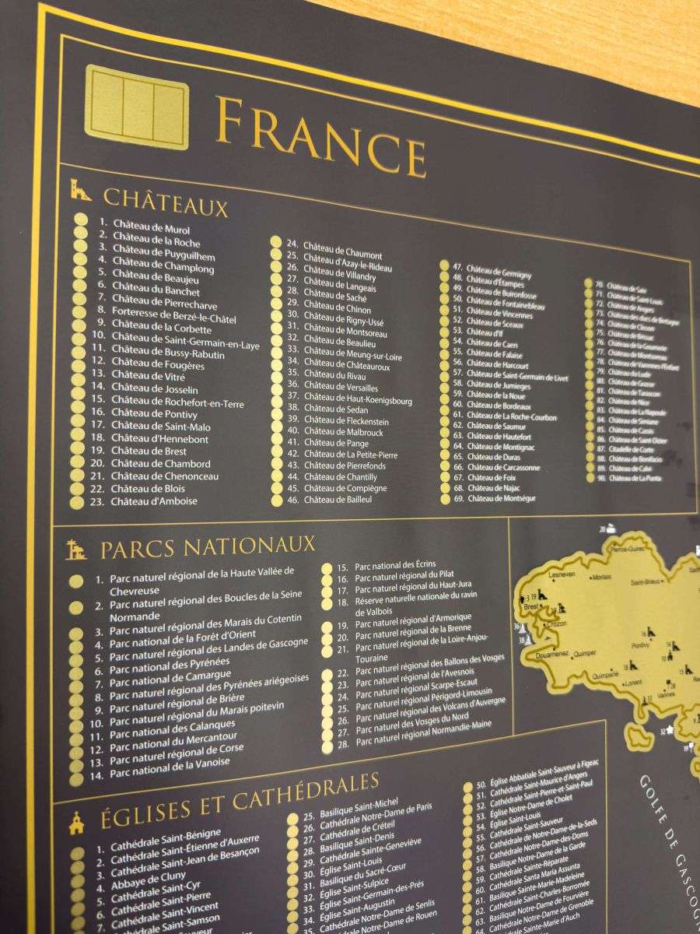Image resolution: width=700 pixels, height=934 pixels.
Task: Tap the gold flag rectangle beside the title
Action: (x=137, y=107)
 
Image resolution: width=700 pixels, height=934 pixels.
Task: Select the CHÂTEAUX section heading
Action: (x=165, y=199)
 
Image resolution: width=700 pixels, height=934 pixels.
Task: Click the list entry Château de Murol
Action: (x=151, y=230)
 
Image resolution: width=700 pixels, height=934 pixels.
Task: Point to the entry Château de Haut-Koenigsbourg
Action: (x=358, y=401)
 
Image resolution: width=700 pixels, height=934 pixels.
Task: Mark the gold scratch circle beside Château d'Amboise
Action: (x=77, y=502)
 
